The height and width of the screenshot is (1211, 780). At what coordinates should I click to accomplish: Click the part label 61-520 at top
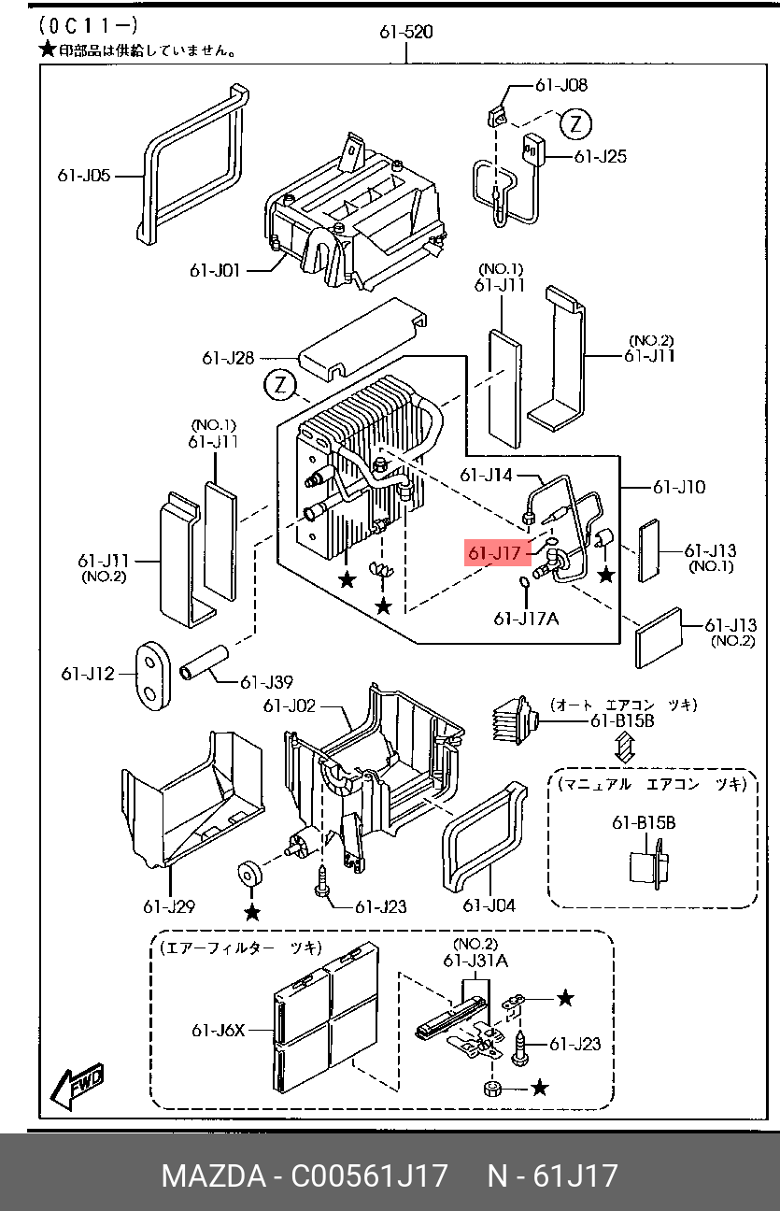(405, 33)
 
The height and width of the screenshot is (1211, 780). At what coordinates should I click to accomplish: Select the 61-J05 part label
(84, 175)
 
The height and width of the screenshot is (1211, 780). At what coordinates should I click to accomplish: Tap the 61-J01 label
(215, 271)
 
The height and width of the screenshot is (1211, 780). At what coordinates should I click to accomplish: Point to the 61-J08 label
(560, 85)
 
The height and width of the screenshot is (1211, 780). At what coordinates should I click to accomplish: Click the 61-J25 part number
(600, 156)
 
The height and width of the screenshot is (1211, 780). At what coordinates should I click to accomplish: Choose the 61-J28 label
(228, 358)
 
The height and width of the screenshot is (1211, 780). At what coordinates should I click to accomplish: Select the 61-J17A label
(526, 618)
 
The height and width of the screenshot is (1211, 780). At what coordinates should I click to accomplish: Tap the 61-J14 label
(486, 476)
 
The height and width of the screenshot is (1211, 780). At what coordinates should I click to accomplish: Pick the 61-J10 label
(679, 487)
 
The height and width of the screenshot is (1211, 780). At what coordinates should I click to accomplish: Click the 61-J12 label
(88, 673)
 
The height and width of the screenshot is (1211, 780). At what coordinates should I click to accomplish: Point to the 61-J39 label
(266, 683)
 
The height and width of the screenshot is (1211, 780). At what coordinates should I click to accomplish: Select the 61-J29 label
(169, 905)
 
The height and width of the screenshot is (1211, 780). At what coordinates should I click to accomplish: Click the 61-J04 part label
(489, 905)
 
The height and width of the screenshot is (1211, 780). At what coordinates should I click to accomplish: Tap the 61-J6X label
(218, 1031)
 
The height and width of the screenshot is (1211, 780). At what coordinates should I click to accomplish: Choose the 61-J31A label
(475, 961)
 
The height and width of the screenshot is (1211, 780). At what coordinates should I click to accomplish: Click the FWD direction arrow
(78, 1085)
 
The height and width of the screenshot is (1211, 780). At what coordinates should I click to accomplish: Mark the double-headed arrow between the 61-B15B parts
(624, 748)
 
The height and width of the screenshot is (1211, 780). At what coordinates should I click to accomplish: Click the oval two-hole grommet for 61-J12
(149, 674)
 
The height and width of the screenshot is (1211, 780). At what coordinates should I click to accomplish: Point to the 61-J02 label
(289, 706)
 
